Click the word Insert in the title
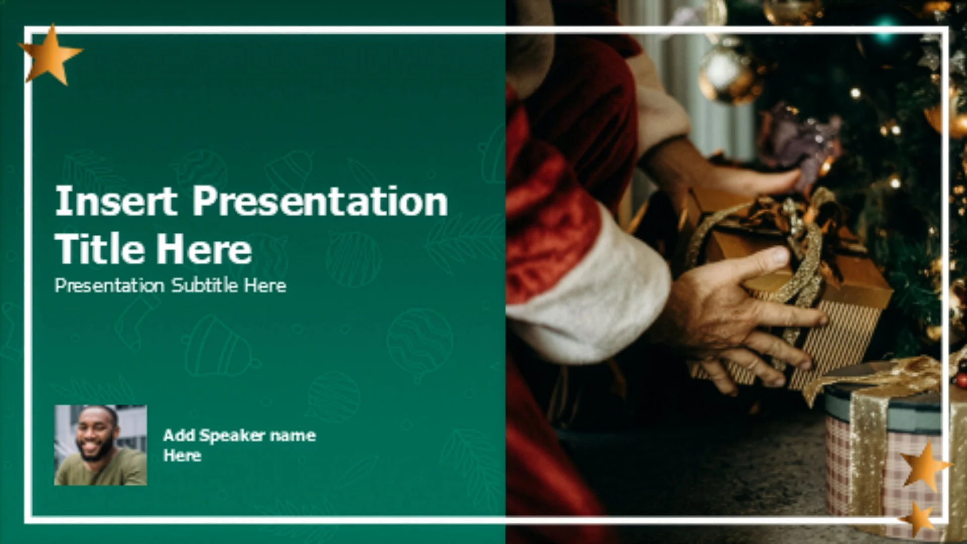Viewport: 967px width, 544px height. [x=115, y=201]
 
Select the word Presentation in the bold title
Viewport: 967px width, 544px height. [x=320, y=201]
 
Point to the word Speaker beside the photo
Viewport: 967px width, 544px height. [x=232, y=435]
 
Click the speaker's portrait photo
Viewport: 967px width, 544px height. [x=101, y=445]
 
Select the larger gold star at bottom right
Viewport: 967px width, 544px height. [x=925, y=465]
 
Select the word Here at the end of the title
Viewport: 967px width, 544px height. [x=203, y=249]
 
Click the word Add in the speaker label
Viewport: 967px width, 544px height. [x=179, y=435]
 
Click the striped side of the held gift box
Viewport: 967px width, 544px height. [x=831, y=343]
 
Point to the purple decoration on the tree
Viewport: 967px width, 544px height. [x=801, y=139]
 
